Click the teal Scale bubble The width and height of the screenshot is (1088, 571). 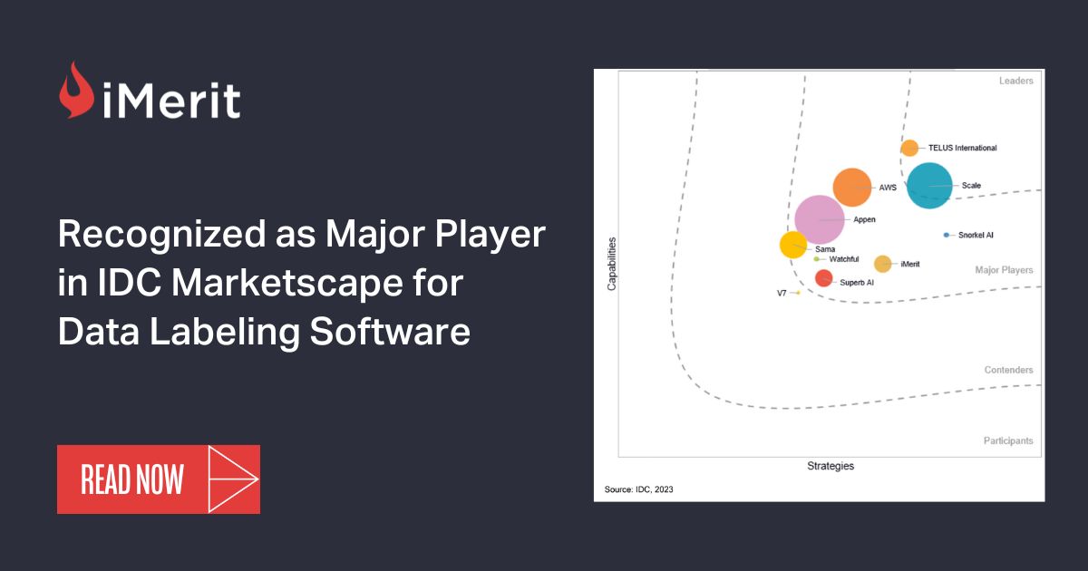929,185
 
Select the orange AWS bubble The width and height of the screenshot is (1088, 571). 852,188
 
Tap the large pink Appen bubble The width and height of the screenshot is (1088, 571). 820,219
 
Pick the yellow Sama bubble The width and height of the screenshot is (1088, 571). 793,244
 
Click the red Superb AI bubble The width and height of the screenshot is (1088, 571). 823,278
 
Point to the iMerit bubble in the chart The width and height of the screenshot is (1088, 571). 882,264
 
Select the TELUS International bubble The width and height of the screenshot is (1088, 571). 909,148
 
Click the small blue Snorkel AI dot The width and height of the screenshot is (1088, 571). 947,235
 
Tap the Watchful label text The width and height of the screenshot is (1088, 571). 844,259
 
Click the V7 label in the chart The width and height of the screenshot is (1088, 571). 782,294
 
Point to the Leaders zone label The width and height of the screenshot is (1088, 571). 1015,81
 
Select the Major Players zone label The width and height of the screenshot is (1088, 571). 1004,270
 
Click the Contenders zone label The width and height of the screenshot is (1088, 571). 1008,370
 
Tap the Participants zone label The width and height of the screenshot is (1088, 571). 1008,440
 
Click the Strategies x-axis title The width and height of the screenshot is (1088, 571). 831,466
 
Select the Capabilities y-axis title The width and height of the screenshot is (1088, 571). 612,264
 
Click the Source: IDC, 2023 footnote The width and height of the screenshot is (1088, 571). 639,489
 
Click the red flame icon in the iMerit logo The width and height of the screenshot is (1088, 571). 76,90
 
